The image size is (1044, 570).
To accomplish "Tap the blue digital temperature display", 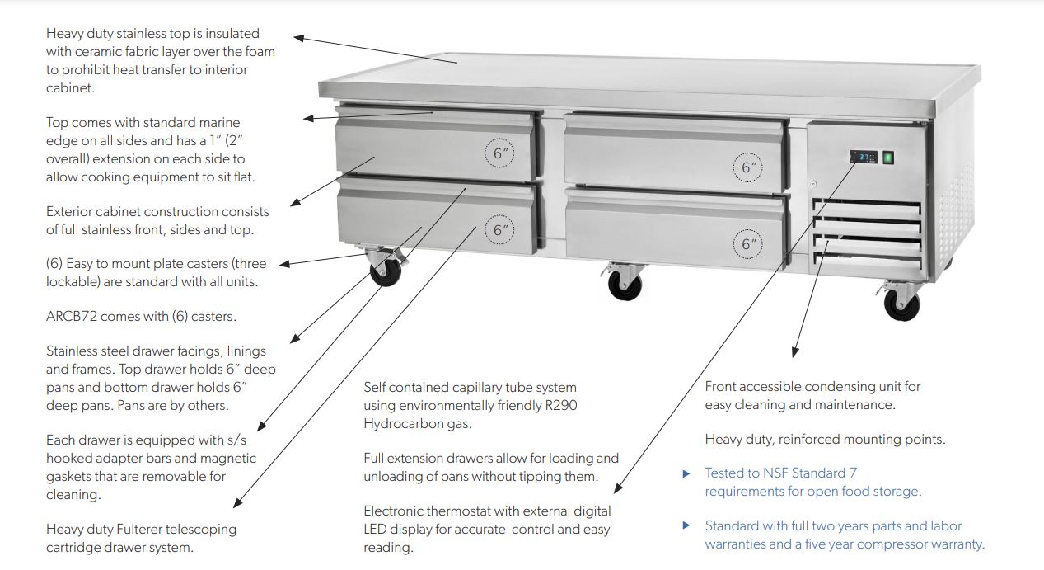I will click(861, 158).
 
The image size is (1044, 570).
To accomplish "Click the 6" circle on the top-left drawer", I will click(499, 153).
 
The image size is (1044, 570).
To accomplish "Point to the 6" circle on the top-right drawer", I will click(748, 167).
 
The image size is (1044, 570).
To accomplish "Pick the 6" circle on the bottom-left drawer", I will click(499, 229).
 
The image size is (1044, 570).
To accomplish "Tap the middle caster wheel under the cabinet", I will click(620, 285).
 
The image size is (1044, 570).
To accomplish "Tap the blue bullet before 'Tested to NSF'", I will click(686, 474).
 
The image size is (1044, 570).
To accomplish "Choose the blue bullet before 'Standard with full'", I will click(686, 525).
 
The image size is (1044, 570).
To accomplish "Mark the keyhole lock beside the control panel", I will click(813, 183).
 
